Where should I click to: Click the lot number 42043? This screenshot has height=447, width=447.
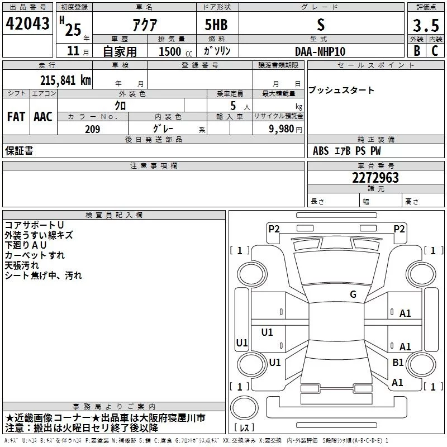(x=27, y=24)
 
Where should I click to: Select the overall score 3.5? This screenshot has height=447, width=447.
(x=425, y=25)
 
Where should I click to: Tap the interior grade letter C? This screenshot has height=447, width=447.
(x=435, y=50)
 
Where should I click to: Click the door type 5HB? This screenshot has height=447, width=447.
(x=216, y=25)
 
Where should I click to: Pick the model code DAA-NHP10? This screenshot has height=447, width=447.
(x=320, y=51)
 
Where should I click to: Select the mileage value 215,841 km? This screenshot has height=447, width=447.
(x=65, y=80)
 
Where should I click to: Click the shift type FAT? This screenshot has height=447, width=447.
(x=16, y=116)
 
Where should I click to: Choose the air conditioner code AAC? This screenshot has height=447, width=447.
(x=42, y=116)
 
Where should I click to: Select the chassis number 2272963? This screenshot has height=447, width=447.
(x=375, y=178)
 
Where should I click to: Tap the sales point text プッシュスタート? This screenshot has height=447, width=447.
(x=341, y=91)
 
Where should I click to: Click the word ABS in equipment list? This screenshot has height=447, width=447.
(x=321, y=151)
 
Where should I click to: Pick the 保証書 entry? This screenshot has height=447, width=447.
(x=19, y=151)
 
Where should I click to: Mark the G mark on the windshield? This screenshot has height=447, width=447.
(x=353, y=294)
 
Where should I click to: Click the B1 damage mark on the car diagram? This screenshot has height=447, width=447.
(x=398, y=363)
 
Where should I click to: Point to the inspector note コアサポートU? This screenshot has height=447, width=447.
(x=34, y=225)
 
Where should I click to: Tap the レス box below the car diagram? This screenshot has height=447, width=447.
(x=244, y=427)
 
